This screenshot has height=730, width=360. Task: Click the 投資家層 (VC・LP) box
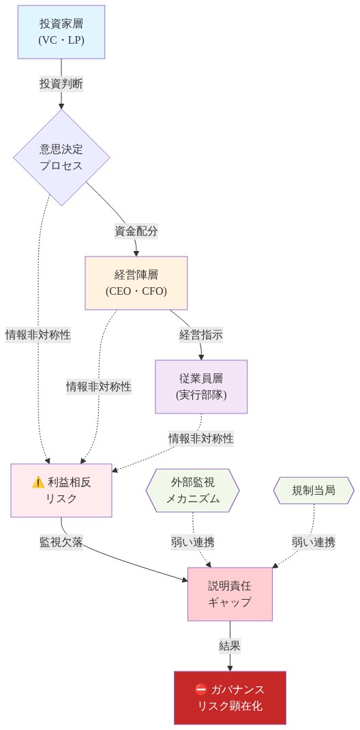coord(61,32)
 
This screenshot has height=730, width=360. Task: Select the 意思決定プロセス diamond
coord(61,158)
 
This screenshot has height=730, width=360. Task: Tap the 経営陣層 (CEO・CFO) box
coord(136,283)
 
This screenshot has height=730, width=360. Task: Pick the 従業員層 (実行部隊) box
coord(201,386)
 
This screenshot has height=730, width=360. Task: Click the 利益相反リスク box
coord(61,490)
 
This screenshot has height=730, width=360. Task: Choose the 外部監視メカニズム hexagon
coord(193,490)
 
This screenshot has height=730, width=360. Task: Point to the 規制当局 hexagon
coord(314,490)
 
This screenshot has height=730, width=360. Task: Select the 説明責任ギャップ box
coord(230,594)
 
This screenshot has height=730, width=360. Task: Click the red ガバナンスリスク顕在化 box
coord(230,697)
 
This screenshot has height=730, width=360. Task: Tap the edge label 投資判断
coord(61,84)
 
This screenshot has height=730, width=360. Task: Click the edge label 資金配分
coord(136,231)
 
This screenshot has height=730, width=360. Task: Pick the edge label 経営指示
coord(201,335)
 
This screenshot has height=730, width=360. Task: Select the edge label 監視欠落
coord(61,542)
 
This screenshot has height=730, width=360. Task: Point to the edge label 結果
coord(230,645)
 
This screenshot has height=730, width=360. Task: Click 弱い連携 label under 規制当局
coord(314,542)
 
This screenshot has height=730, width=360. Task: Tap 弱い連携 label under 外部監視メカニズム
coord(193,542)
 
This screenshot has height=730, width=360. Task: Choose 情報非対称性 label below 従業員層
coord(201,438)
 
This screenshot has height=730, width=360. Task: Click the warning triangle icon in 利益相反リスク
coord(38,482)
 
